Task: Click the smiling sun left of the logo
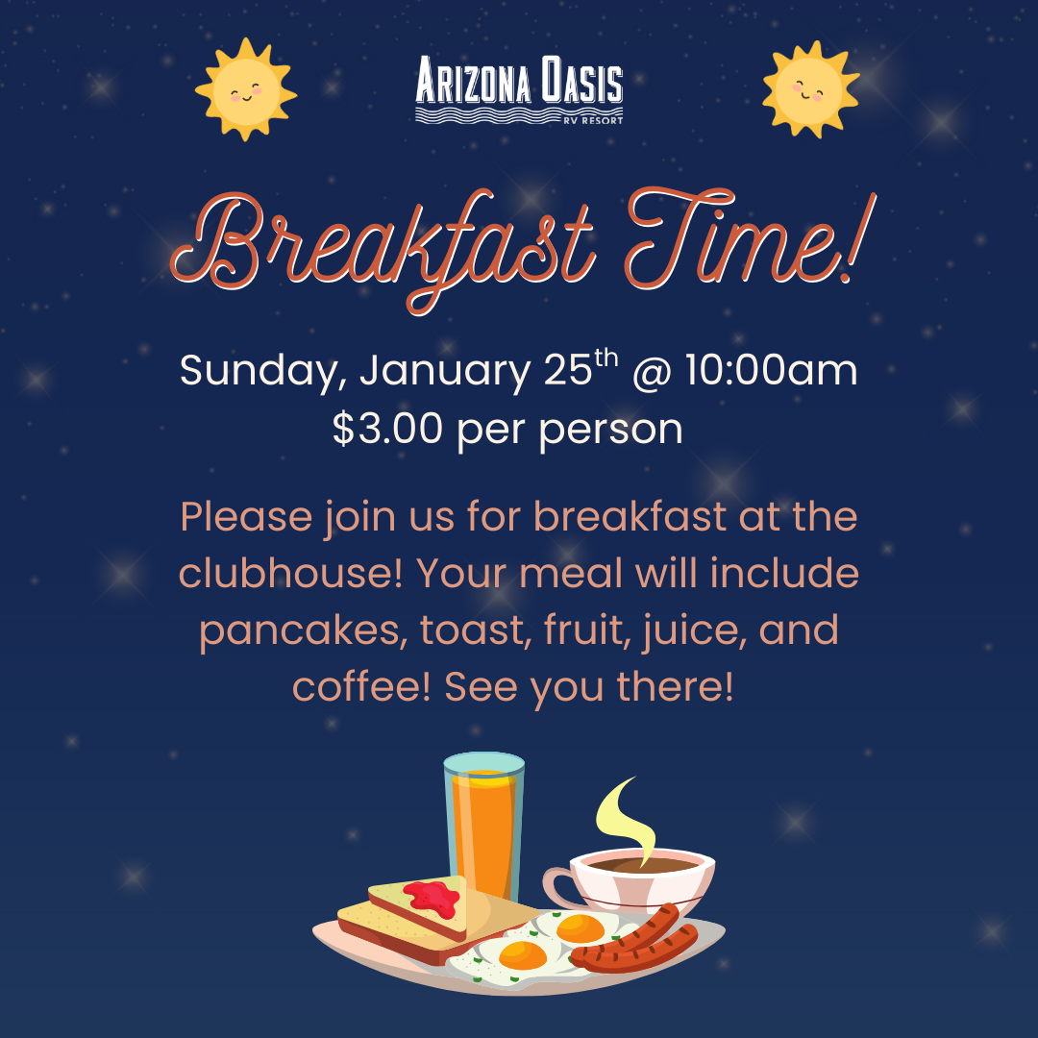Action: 245,89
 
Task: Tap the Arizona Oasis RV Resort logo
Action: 519,89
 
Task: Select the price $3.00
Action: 387,429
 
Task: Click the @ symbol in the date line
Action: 651,372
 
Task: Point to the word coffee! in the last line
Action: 361,687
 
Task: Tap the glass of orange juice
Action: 483,827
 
